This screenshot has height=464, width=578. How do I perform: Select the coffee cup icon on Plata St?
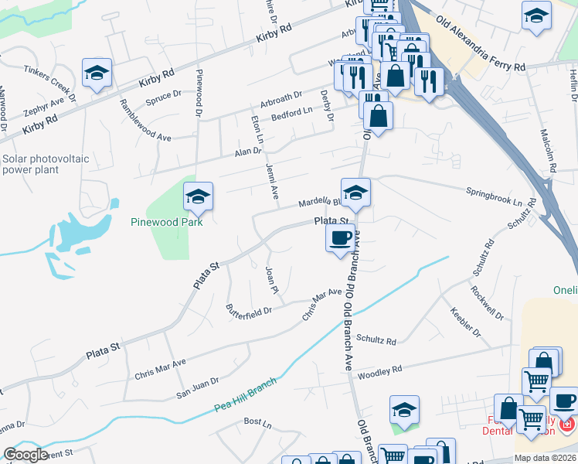[x=340, y=238]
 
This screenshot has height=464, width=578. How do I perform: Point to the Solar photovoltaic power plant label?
[x=46, y=165]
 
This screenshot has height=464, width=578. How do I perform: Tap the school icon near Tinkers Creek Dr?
[x=97, y=73]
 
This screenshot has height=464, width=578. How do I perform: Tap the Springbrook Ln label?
[x=495, y=196]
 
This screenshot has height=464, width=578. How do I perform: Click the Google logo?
[x=25, y=455]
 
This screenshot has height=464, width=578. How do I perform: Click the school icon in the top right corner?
[x=535, y=15]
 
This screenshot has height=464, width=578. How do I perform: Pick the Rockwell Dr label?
[x=487, y=304]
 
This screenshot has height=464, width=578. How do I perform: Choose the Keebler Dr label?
[x=466, y=322]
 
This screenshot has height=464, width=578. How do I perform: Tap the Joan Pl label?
[x=271, y=280]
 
